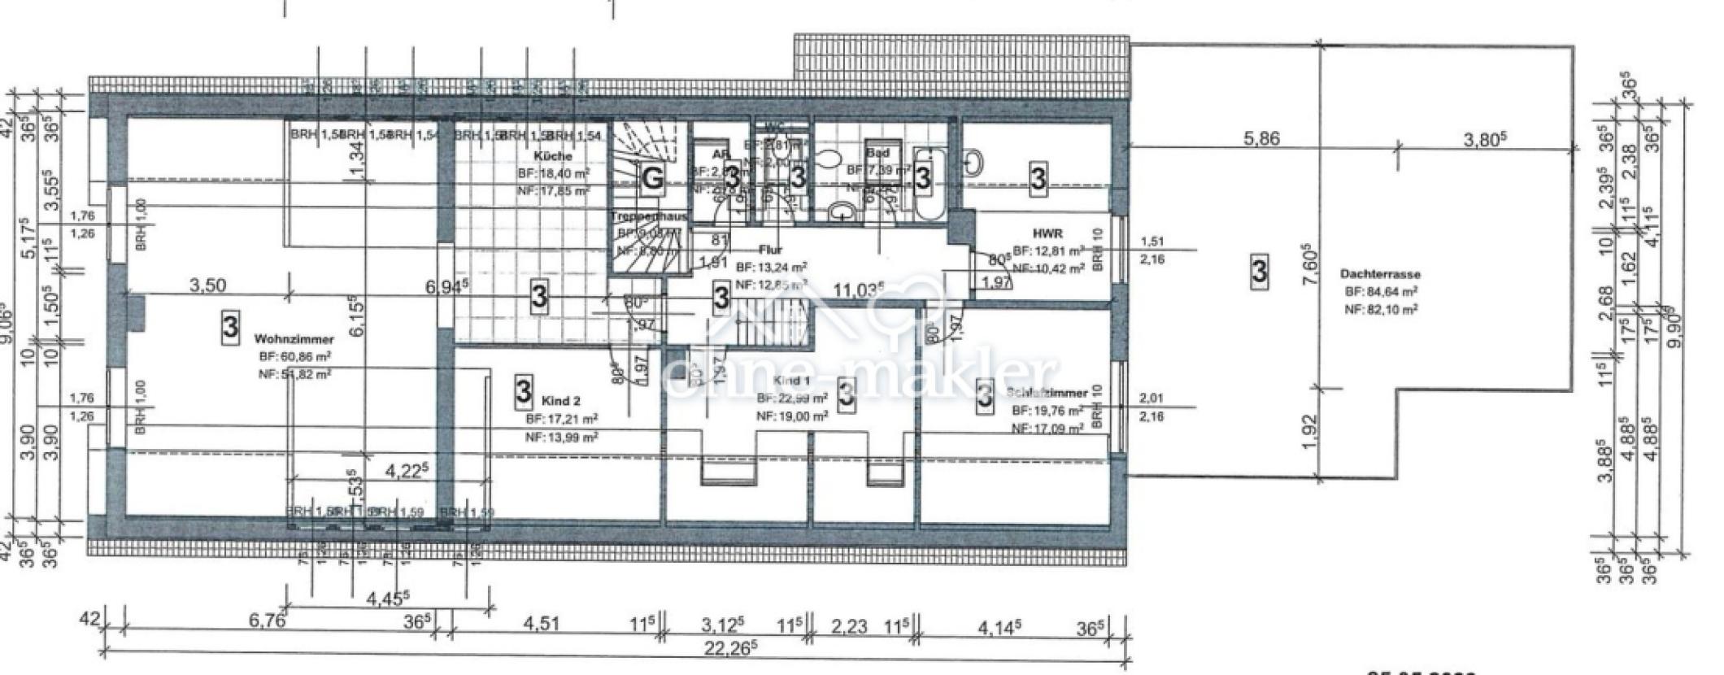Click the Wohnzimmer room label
tap(282, 338)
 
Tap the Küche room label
tap(553, 155)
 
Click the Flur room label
tap(770, 250)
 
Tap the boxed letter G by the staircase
tap(652, 177)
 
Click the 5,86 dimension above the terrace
tap(1261, 139)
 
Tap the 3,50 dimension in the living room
tap(207, 285)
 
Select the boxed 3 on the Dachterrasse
tap(1259, 271)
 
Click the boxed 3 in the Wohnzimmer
tap(230, 327)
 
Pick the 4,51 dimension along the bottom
tap(542, 625)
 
